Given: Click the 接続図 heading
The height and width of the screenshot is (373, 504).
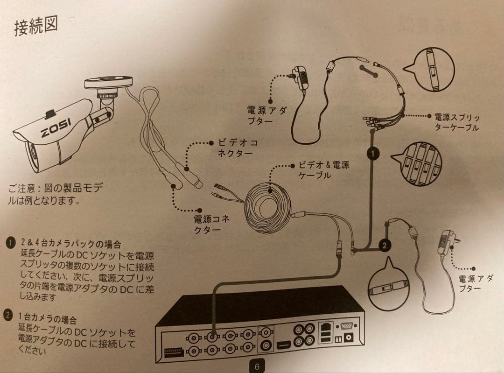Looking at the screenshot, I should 36,27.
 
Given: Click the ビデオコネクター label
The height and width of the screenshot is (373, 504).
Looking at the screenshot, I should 238,148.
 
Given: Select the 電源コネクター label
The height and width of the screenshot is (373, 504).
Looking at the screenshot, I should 212,224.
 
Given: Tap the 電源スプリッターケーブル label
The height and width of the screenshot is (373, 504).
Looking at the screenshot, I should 456,122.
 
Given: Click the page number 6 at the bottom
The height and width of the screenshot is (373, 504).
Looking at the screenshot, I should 257,366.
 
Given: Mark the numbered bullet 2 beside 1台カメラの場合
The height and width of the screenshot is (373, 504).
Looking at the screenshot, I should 8,314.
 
